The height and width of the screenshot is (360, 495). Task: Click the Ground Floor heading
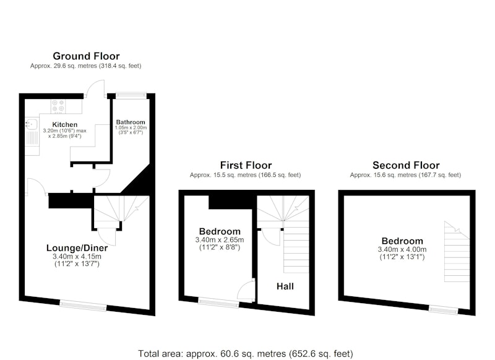click(x=86, y=56)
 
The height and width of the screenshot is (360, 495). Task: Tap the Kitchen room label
click(x=65, y=124)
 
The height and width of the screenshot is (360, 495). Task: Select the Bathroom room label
click(x=131, y=122)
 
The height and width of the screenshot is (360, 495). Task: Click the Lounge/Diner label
click(x=77, y=248)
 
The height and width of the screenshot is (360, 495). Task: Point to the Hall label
click(x=285, y=286)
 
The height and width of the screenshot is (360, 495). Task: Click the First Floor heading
click(x=246, y=165)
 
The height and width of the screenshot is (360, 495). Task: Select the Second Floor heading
click(x=406, y=165)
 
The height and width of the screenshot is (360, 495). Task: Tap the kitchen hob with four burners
click(x=58, y=106)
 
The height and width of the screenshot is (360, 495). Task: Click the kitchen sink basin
click(x=32, y=124)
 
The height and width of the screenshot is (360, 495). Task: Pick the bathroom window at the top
click(x=131, y=95)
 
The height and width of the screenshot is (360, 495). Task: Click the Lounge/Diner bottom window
click(x=83, y=306)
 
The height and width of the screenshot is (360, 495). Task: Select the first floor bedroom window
click(x=219, y=302)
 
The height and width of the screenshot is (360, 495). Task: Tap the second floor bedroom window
click(x=443, y=310)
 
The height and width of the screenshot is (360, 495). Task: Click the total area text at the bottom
click(x=246, y=353)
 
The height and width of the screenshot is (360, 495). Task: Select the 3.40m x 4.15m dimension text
click(x=77, y=257)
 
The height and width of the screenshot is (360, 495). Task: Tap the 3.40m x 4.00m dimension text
click(x=402, y=249)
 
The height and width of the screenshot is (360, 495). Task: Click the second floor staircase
click(x=457, y=252)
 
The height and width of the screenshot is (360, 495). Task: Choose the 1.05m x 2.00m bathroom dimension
click(x=131, y=128)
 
